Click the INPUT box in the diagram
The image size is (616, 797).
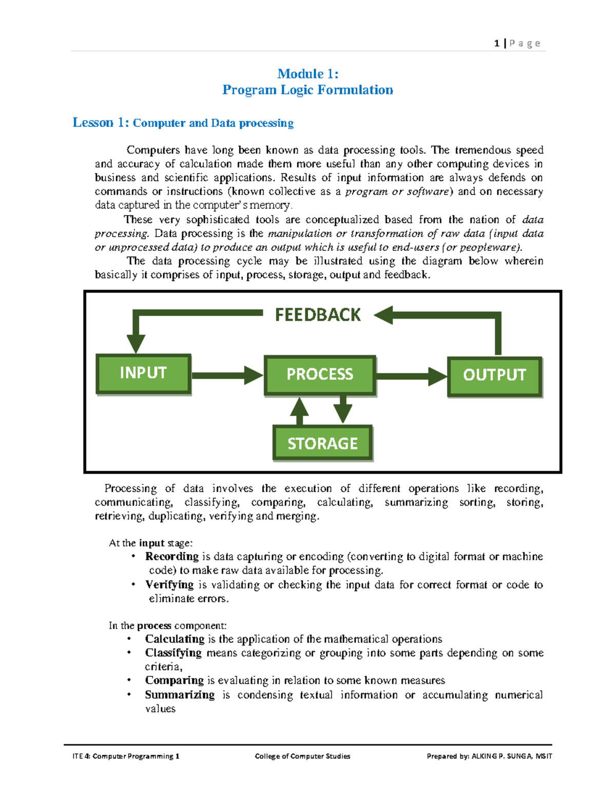pos(143,374)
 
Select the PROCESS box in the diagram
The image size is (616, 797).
pos(320,375)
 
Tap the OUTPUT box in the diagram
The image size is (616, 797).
pos(494,376)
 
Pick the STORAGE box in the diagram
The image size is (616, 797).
pos(322,443)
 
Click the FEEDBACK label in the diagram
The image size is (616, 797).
pos(318,315)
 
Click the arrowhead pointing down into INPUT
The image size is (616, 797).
pos(136,343)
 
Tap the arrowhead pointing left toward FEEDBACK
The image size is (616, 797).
pos(384,315)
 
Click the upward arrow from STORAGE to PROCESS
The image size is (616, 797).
pos(299,411)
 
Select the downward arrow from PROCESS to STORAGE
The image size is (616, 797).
pos(342,410)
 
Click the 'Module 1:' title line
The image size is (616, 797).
pos(308,74)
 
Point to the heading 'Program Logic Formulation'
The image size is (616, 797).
pos(308,90)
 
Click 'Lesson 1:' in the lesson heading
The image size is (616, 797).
pos(101,123)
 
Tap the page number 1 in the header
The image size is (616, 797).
pos(497,44)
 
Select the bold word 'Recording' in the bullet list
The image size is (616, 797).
pos(171,556)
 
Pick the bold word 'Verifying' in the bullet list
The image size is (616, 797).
pos(169,585)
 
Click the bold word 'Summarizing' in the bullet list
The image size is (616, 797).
pos(180,695)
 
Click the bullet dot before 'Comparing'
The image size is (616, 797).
pos(130,680)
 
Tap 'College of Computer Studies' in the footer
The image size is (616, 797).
pos(302,756)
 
